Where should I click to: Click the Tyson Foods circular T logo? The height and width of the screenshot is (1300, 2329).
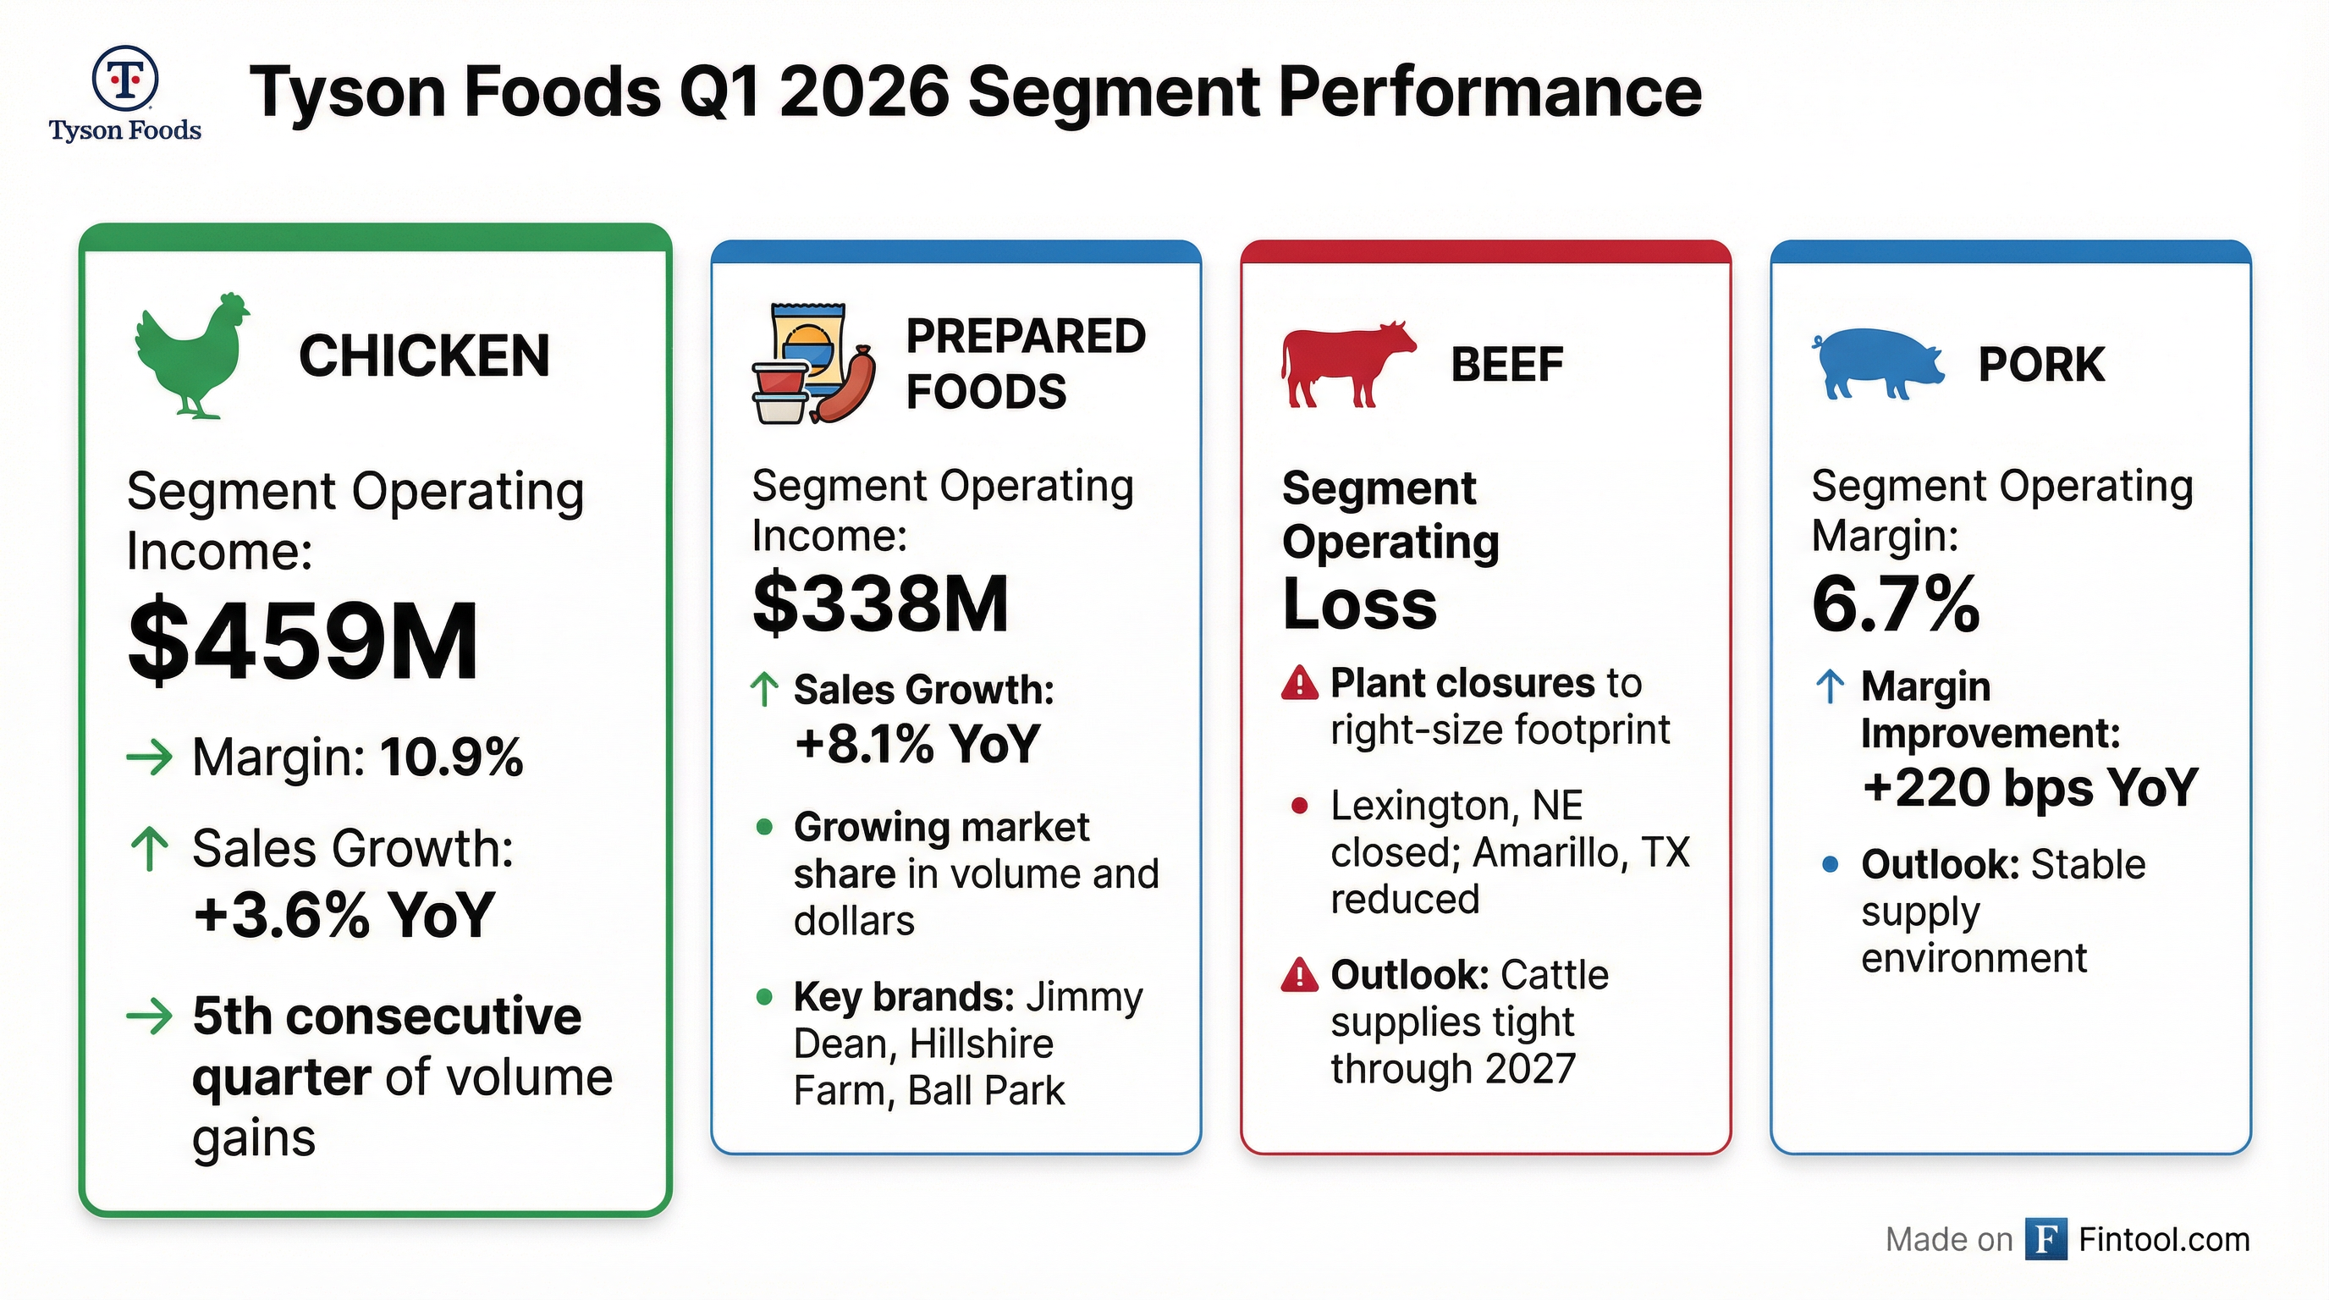[124, 80]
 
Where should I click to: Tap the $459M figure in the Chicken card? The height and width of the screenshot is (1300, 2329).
[303, 641]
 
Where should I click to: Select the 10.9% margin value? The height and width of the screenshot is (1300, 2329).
[451, 757]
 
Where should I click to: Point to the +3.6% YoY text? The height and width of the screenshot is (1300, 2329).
[344, 914]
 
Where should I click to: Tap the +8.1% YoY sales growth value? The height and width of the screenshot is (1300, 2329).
[917, 744]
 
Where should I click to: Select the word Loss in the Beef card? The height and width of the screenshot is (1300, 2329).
[1359, 604]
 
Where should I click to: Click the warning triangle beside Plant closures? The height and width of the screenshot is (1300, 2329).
[1300, 684]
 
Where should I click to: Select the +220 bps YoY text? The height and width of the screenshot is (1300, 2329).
[2029, 787]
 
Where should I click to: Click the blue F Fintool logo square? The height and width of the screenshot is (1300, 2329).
[2046, 1239]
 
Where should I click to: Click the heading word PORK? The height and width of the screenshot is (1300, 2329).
[2040, 364]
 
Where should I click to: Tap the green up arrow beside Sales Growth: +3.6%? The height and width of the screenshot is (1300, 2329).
[149, 850]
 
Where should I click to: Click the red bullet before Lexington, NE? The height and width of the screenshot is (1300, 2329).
[1299, 806]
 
